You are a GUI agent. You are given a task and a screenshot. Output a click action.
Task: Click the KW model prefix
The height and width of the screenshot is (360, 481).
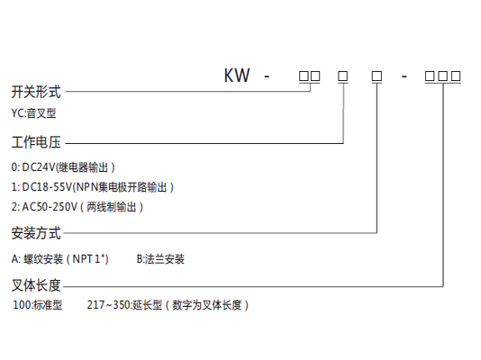click(x=237, y=75)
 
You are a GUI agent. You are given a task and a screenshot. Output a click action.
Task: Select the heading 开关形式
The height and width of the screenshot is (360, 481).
click(x=36, y=92)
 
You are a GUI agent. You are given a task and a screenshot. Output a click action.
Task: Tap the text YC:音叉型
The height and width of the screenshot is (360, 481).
click(x=33, y=113)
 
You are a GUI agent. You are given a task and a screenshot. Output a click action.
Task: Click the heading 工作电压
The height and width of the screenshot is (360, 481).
click(x=36, y=142)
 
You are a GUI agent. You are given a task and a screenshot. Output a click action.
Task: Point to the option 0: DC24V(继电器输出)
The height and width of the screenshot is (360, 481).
click(x=63, y=167)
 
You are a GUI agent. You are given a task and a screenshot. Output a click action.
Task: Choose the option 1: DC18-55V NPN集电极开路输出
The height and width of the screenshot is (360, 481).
click(x=93, y=187)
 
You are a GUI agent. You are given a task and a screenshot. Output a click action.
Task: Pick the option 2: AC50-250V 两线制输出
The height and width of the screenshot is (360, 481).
click(x=77, y=207)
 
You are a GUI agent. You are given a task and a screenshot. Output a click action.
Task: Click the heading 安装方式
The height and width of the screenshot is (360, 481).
click(x=36, y=233)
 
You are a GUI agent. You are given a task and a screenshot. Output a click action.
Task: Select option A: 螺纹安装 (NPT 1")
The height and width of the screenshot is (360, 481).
click(x=59, y=259)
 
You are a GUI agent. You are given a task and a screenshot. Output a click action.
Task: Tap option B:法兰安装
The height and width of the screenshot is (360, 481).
click(x=160, y=259)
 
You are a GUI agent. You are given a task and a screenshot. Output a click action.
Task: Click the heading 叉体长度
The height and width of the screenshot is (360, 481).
click(x=36, y=285)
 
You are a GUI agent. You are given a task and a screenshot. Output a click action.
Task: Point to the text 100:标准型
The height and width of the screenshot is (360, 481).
click(x=38, y=305)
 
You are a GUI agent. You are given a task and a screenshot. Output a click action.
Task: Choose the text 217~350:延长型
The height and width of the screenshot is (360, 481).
click(x=124, y=305)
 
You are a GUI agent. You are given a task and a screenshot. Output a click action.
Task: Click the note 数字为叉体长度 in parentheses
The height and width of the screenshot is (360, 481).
click(x=207, y=305)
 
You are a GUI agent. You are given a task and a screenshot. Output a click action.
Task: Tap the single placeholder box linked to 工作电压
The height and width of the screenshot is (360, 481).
click(x=343, y=76)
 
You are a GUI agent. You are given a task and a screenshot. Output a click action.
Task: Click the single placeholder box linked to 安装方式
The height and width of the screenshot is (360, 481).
click(x=377, y=76)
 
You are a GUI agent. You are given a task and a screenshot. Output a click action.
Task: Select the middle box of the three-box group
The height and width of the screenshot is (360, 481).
click(x=442, y=76)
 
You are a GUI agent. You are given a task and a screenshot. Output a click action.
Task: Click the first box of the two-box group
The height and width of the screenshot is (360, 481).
click(x=304, y=76)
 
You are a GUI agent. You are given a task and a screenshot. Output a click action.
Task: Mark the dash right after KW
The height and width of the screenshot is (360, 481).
click(x=267, y=76)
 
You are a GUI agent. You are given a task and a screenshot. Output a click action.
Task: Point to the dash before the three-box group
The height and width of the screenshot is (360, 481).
click(x=404, y=76)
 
